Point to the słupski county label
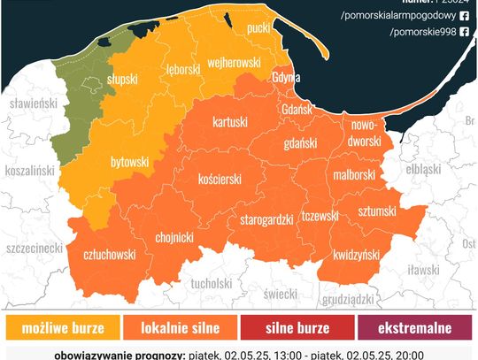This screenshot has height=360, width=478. coord(121,79)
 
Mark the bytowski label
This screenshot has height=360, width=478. coord(129,163)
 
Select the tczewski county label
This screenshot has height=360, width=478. coord(320,215)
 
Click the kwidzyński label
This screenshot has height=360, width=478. coord(357,255)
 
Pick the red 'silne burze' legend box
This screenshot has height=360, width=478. coord(297,328)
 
